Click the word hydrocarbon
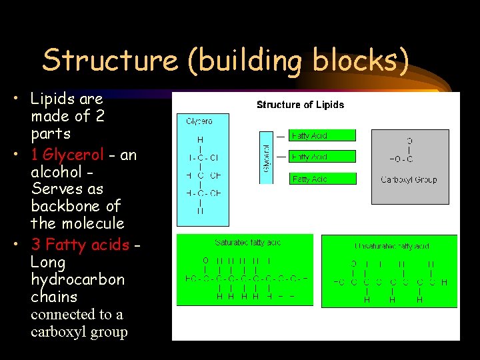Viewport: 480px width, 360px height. click(x=77, y=279)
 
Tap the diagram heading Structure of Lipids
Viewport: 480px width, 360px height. click(x=300, y=105)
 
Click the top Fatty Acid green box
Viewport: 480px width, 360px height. click(x=321, y=136)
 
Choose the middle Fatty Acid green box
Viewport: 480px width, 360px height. click(x=321, y=157)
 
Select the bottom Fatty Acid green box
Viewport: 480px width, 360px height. click(x=323, y=179)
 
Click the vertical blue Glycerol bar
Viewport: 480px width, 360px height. click(x=266, y=157)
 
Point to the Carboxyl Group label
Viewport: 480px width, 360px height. click(x=409, y=179)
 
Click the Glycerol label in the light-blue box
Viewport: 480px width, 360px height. click(x=199, y=121)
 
